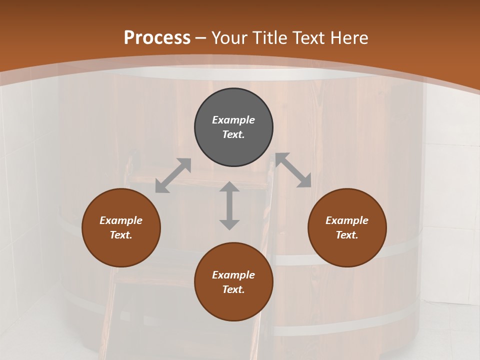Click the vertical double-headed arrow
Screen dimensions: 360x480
pyautogui.click(x=229, y=205)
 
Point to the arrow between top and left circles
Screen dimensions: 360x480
pyautogui.click(x=173, y=175)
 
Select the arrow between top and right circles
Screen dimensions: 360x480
pyautogui.click(x=293, y=170)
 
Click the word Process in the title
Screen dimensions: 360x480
pyautogui.click(x=157, y=37)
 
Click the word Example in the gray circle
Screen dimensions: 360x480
pyautogui.click(x=233, y=120)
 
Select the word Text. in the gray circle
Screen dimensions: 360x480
pyautogui.click(x=233, y=134)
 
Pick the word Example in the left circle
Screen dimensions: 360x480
pyautogui.click(x=121, y=220)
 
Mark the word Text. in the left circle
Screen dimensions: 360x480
pyautogui.click(x=121, y=235)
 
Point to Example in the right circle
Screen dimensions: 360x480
pyautogui.click(x=347, y=220)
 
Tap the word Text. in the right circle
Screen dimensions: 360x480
pyautogui.click(x=347, y=235)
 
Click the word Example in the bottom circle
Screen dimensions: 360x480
pyautogui.click(x=233, y=275)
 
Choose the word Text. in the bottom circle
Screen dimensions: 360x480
pyautogui.click(x=233, y=289)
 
